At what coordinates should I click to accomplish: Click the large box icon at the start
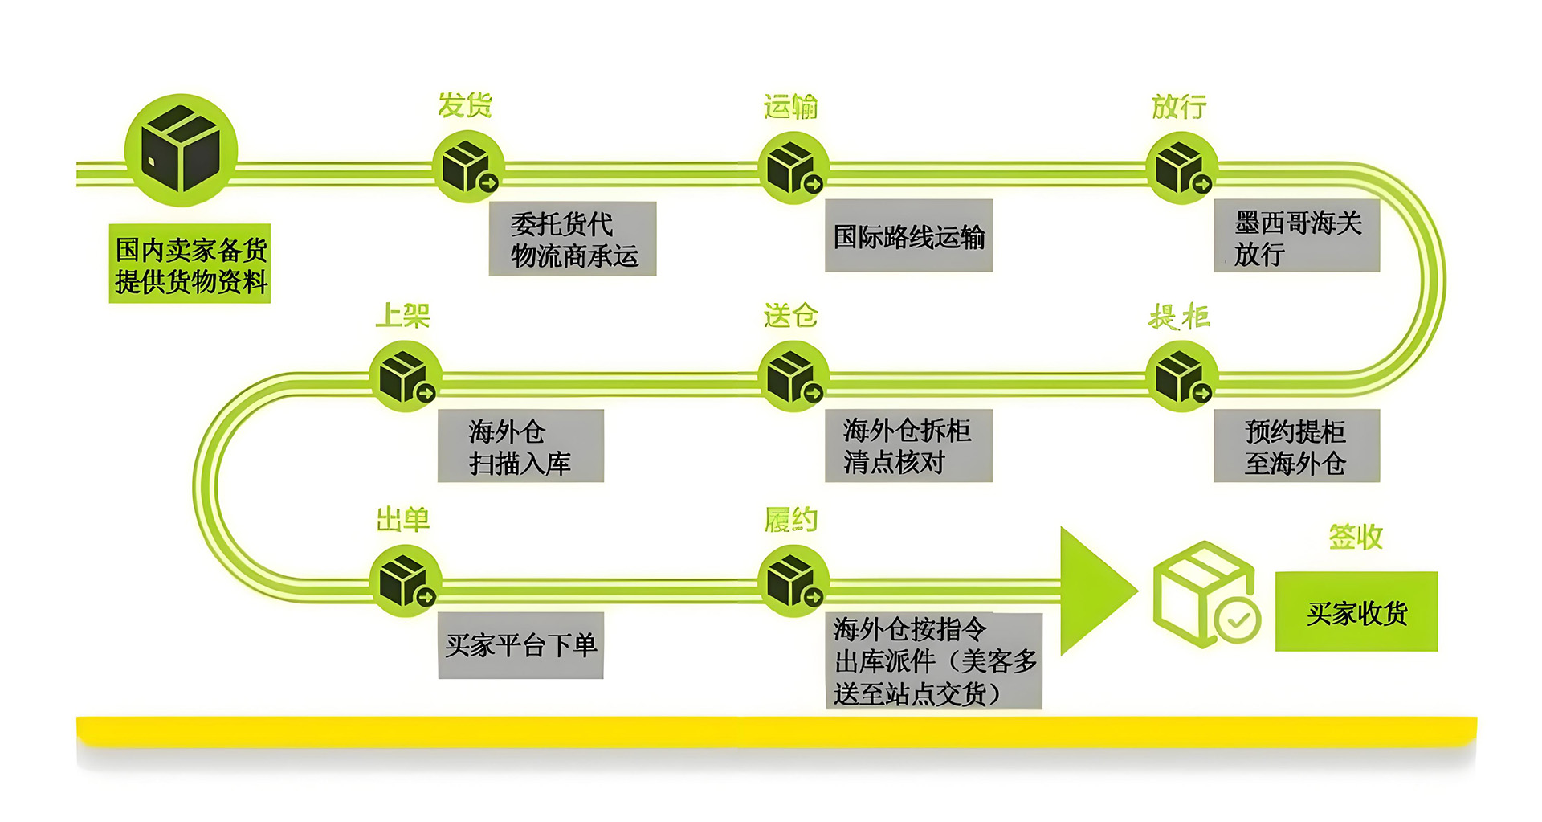coord(181,150)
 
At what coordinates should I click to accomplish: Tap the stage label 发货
coord(465,105)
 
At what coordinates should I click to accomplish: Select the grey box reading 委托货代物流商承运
coord(573,239)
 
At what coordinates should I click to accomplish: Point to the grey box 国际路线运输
coord(908,236)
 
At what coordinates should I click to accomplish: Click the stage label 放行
coord(1179,107)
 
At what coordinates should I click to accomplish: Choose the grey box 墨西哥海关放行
coord(1296,237)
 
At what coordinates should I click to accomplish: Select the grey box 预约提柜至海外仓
coord(1296,446)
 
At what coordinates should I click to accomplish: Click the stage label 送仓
coord(791,316)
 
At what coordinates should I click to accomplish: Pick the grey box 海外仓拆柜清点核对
coord(908,446)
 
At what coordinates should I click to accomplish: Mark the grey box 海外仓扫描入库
coord(520,446)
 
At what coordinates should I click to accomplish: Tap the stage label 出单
coord(403,520)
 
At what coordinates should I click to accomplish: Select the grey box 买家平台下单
coord(520,645)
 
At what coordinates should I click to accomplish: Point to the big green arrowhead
coord(1094,591)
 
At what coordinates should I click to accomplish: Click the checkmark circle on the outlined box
coord(1238,620)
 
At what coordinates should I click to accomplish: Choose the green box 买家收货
coord(1356,612)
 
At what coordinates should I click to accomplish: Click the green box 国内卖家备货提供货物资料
coord(190,264)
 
